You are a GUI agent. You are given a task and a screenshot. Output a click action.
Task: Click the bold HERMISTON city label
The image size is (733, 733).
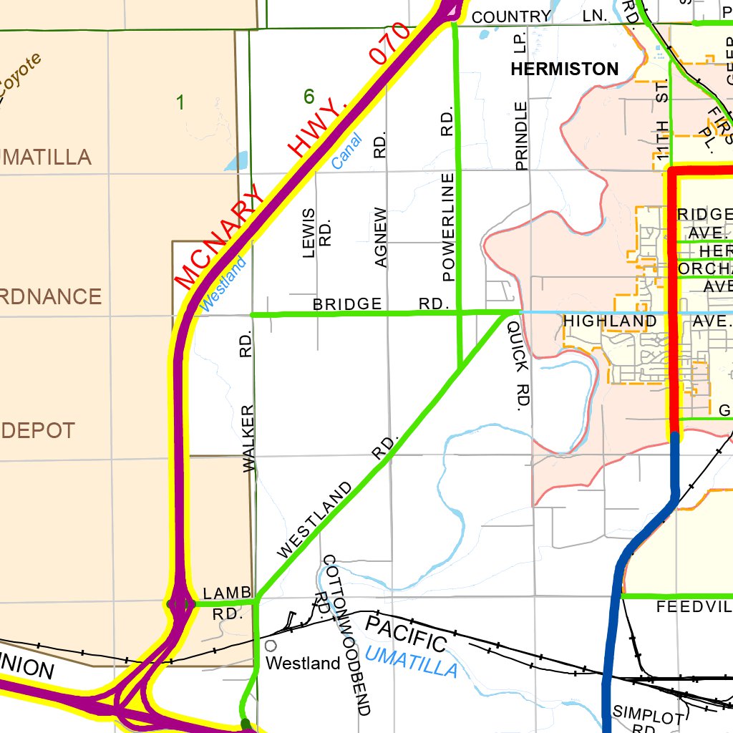[564, 69]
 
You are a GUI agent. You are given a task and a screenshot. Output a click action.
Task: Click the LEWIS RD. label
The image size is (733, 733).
[316, 233]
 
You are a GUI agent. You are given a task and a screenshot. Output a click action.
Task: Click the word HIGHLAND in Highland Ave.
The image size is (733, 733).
[610, 321]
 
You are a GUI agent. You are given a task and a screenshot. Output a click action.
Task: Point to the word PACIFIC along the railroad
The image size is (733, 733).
[406, 634]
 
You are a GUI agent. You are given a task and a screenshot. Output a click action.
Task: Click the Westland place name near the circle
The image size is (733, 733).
[303, 664]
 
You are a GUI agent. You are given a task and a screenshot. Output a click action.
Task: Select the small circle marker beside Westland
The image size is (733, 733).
[270, 647]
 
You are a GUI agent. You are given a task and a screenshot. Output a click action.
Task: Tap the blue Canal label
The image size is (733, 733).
[347, 152]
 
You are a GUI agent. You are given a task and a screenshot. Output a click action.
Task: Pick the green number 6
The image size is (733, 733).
[309, 96]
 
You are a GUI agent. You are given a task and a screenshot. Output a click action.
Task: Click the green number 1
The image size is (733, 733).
[180, 103]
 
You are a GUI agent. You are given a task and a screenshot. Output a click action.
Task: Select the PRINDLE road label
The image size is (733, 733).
[521, 136]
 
